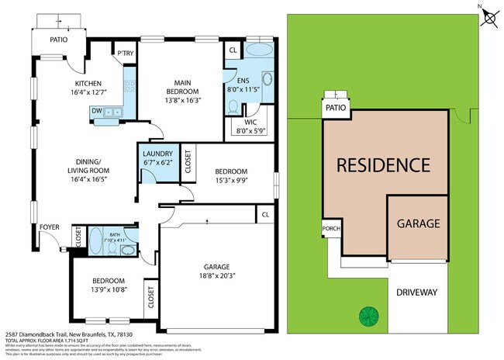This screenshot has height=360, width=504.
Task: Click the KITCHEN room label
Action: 88,84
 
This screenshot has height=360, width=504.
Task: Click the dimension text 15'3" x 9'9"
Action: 230,181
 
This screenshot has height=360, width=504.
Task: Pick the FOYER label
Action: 50,227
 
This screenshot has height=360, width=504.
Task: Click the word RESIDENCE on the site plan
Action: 382,164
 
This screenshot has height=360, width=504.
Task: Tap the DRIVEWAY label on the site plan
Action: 417,292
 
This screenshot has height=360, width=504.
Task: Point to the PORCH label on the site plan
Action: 331,229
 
